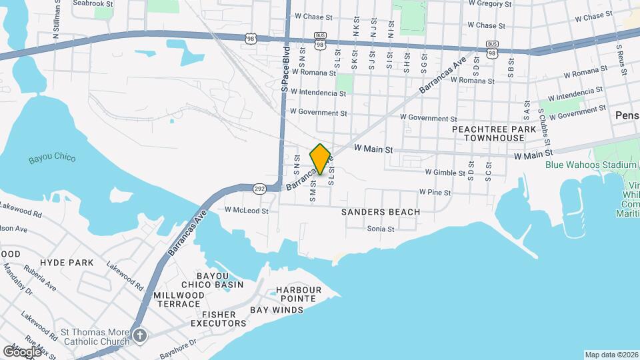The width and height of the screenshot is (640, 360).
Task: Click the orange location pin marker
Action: click(321, 159)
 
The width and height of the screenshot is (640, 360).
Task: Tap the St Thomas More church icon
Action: click(139, 335)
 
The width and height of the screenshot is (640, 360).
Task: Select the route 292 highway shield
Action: click(259, 190)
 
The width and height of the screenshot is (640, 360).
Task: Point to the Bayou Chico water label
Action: click(52, 159)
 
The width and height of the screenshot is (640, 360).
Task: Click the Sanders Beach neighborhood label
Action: click(381, 212)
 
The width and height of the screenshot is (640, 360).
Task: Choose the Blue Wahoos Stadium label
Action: click(591, 165)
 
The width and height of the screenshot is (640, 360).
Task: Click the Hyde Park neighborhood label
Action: click(67, 263)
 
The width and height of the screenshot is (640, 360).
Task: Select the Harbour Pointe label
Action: click(299, 294)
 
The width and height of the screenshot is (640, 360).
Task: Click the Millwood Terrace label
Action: click(179, 299)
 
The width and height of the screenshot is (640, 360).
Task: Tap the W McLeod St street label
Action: click(246, 211)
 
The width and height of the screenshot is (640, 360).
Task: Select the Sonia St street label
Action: click(381, 229)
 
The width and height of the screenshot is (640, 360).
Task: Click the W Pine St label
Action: click(435, 192)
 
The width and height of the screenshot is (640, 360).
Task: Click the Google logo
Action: click(22, 351)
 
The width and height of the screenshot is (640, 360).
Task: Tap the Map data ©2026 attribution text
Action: click(611, 355)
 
